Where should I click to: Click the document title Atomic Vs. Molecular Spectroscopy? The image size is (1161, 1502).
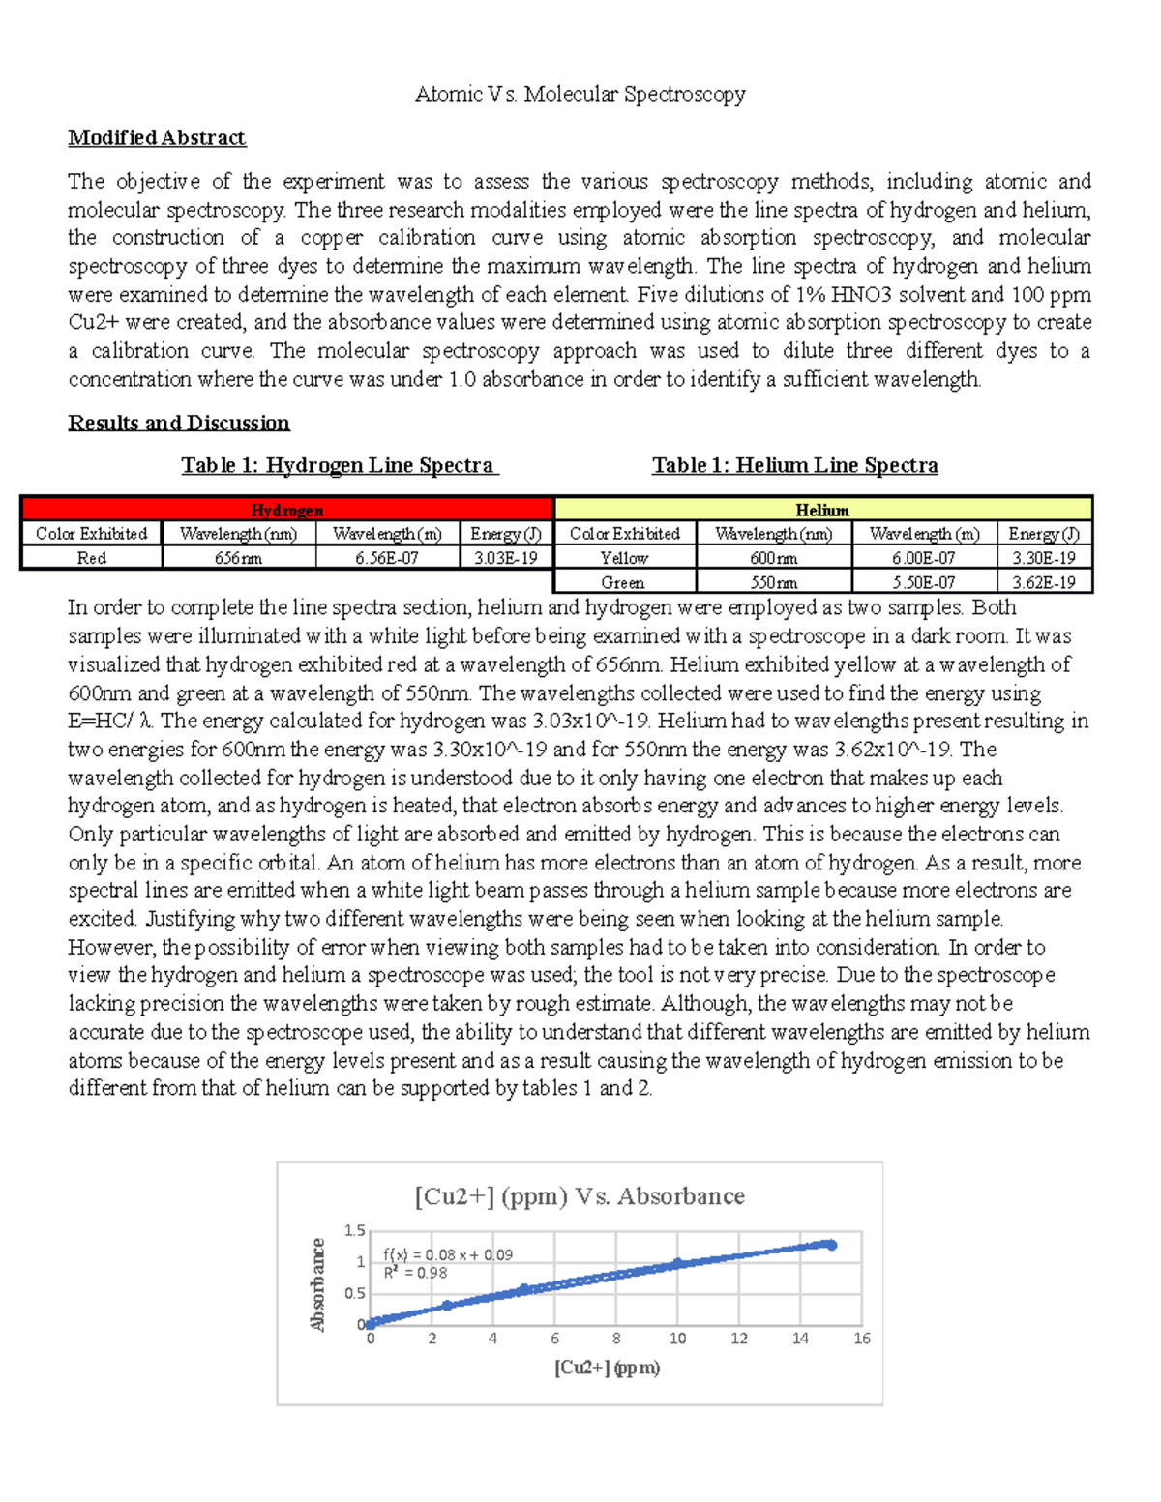(x=580, y=94)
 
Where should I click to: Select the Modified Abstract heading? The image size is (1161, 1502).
(x=157, y=137)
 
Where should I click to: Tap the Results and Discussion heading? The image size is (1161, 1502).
(x=179, y=423)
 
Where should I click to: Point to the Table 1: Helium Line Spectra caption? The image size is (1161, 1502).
(x=794, y=465)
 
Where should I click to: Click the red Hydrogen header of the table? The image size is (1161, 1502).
(x=286, y=510)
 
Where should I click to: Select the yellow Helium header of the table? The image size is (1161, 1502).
(x=822, y=510)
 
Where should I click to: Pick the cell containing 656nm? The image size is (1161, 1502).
(x=239, y=558)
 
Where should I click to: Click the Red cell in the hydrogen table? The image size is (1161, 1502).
(x=92, y=558)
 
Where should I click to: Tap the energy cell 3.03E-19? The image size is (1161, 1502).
(x=505, y=558)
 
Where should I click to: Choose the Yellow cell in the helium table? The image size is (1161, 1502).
(x=624, y=558)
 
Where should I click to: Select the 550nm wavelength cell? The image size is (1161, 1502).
(x=774, y=582)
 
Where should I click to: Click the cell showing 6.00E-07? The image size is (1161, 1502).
(x=924, y=558)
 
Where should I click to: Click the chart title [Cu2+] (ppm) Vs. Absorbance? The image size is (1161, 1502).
(x=580, y=1196)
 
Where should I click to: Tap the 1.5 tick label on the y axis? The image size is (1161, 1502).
(x=355, y=1231)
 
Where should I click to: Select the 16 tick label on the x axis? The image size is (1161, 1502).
(x=861, y=1339)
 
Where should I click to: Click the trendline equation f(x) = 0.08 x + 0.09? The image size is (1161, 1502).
(x=448, y=1254)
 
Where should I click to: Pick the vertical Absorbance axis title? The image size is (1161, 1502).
(x=317, y=1284)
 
